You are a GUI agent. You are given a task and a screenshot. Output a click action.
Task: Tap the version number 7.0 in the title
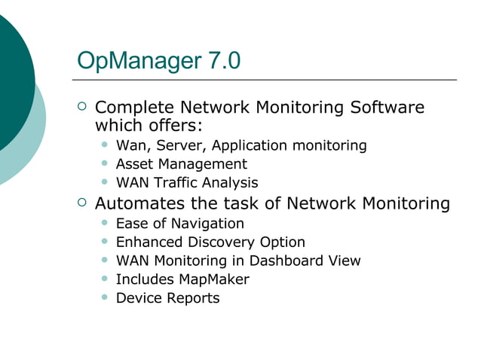[x=222, y=60]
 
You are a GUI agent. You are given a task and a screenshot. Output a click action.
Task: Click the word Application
[x=250, y=145]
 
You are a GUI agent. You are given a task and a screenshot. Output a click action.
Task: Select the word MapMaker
[x=214, y=279]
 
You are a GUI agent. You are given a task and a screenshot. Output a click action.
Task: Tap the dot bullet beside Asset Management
[x=104, y=164]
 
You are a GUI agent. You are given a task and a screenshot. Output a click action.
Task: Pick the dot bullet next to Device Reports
[x=104, y=298]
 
